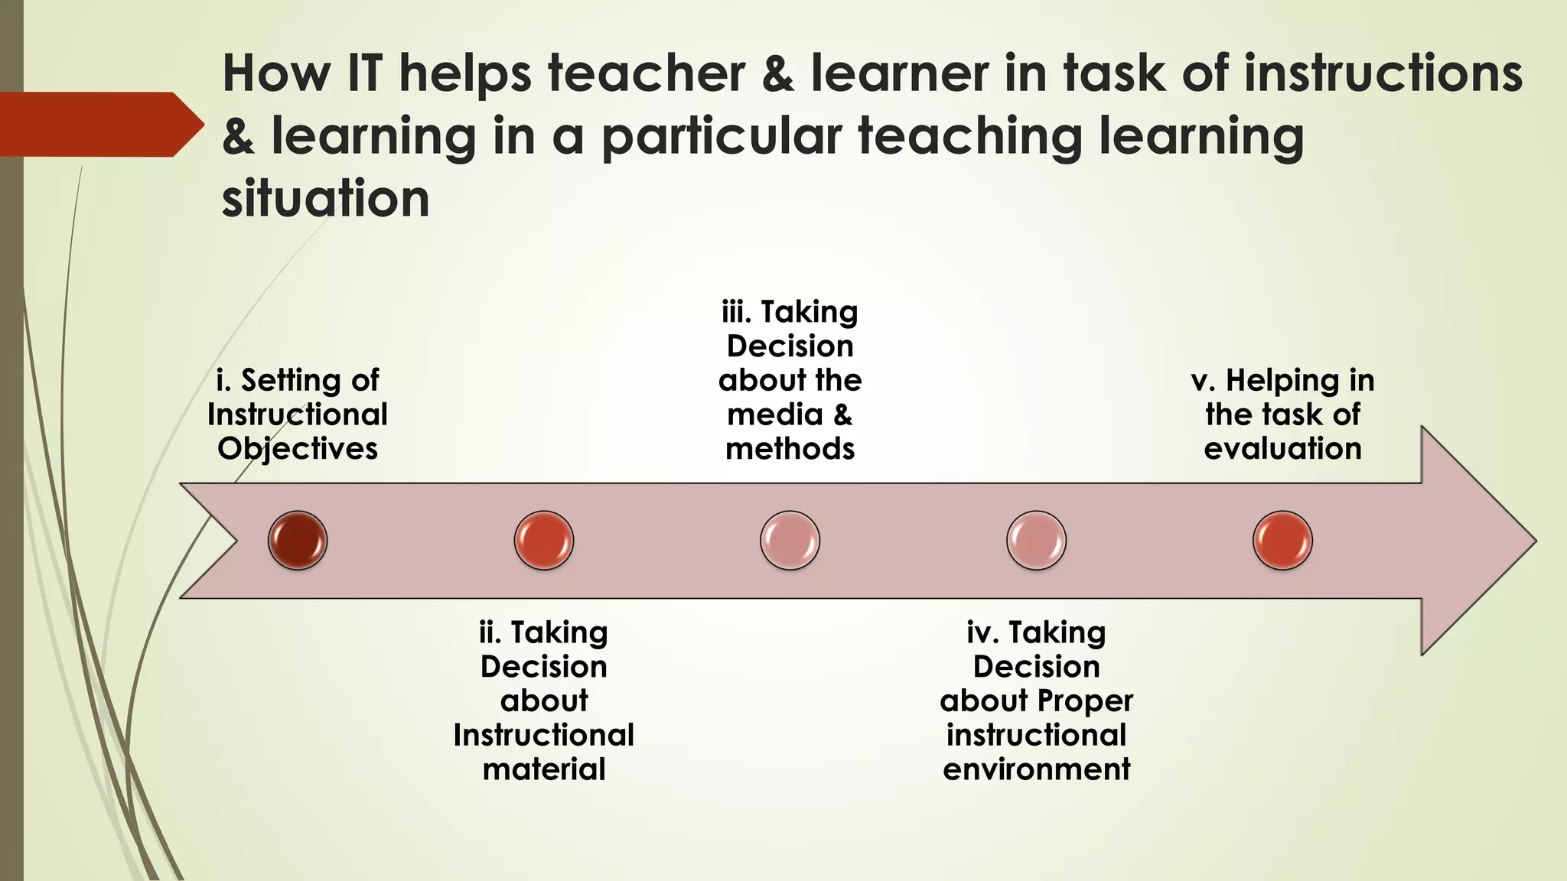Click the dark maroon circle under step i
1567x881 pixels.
pyautogui.click(x=298, y=541)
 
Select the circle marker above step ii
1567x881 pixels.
pyautogui.click(x=544, y=541)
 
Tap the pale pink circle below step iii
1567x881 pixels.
pyautogui.click(x=790, y=541)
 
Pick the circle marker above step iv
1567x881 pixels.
pyautogui.click(x=1036, y=541)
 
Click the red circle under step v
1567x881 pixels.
pyautogui.click(x=1282, y=541)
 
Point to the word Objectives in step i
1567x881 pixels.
pyautogui.click(x=298, y=449)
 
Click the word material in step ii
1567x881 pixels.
pyautogui.click(x=544, y=769)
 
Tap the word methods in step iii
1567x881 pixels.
pyautogui.click(x=790, y=449)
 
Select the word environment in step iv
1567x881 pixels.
pyautogui.click(x=1036, y=769)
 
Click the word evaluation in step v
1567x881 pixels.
pyautogui.click(x=1282, y=449)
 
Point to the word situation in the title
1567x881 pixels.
pyautogui.click(x=325, y=199)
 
